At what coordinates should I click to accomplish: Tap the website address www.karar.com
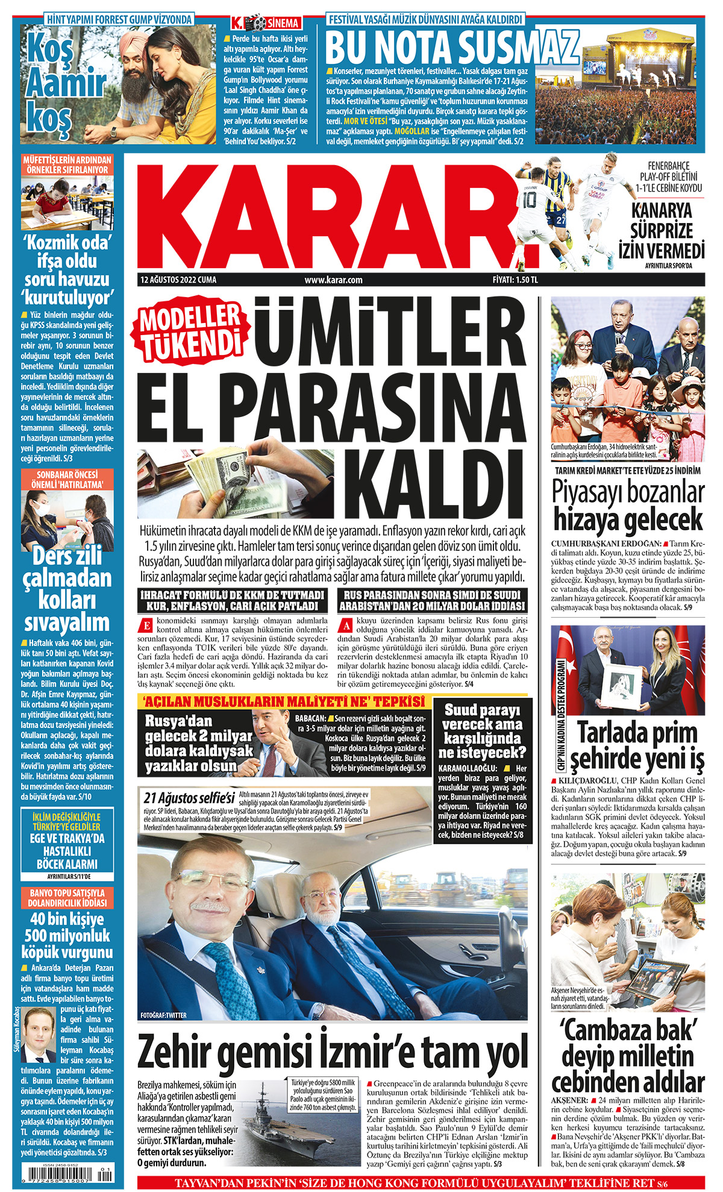coord(333,280)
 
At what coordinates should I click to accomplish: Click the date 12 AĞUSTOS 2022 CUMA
coord(178,280)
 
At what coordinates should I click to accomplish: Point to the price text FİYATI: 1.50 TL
coord(515,280)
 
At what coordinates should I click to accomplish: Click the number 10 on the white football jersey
coord(529,201)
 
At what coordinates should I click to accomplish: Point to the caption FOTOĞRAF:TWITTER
coord(163,1015)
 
